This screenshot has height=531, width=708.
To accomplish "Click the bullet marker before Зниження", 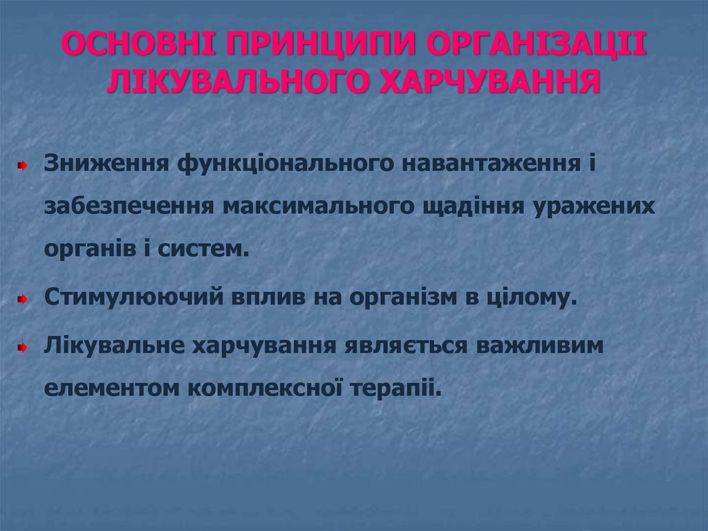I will point(22,167).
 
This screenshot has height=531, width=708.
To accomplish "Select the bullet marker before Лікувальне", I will point(22,346).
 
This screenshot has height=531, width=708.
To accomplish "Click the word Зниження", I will point(107,165).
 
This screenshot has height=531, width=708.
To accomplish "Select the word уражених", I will point(595,208).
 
